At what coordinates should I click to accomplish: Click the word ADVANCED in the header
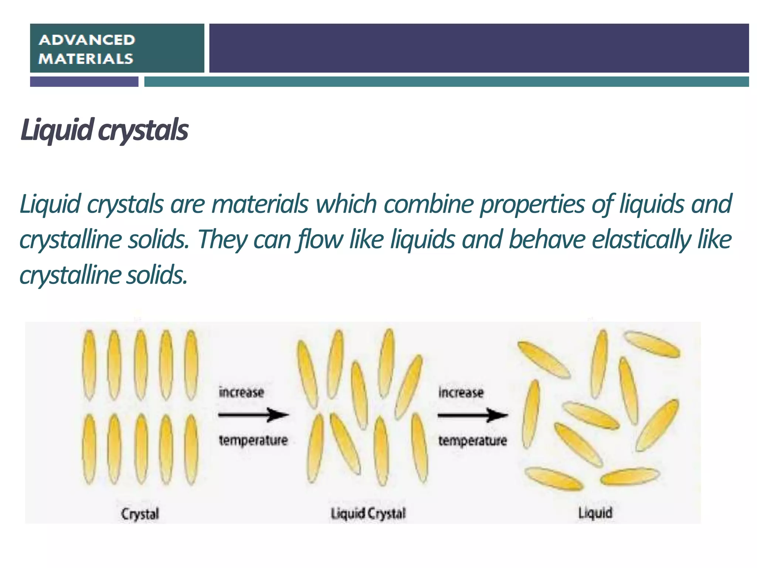(x=87, y=40)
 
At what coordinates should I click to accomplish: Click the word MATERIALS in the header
(x=86, y=59)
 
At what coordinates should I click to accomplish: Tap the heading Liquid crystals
(x=104, y=130)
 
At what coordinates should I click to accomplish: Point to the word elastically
(x=641, y=239)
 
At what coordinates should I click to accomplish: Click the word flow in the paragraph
(x=319, y=239)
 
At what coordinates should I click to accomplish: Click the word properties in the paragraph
(x=532, y=204)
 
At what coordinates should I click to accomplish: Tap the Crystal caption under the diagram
(x=140, y=514)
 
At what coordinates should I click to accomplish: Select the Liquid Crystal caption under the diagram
(x=368, y=513)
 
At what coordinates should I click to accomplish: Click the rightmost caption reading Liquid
(x=595, y=513)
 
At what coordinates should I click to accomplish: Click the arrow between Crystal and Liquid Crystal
(x=254, y=415)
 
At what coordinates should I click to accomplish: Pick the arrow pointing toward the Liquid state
(x=473, y=415)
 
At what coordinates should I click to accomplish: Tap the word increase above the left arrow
(x=241, y=392)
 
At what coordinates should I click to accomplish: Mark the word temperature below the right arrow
(x=472, y=440)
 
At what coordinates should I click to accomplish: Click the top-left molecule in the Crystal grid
(x=89, y=365)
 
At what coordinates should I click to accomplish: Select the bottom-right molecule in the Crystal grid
(x=191, y=449)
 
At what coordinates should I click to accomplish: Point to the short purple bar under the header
(x=84, y=82)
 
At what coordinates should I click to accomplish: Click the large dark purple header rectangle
(x=479, y=48)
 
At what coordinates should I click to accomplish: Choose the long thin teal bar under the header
(x=447, y=82)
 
